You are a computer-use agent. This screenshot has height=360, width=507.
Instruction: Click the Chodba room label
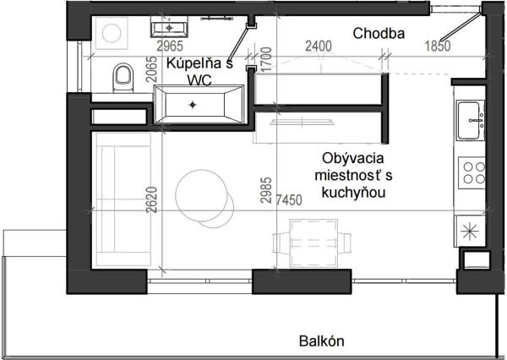pos(379,34)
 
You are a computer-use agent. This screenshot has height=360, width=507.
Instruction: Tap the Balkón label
pos(322,341)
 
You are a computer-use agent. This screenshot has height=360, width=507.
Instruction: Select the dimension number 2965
pos(170,46)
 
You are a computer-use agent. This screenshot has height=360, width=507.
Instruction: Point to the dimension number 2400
pos(319,46)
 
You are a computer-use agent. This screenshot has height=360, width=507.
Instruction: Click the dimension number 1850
pos(438,46)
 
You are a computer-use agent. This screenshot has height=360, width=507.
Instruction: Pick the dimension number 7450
pos(289,200)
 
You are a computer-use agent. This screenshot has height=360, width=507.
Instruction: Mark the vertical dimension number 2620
pos(151,200)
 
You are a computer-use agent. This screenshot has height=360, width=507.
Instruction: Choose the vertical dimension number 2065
pos(151,69)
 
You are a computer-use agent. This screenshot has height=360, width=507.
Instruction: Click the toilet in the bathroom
pos(123,78)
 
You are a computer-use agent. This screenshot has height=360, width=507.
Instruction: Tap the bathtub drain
pos(193,105)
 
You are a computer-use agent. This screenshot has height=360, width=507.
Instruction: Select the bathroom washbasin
pos(169,27)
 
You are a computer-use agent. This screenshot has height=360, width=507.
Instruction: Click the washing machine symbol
pos(112,33)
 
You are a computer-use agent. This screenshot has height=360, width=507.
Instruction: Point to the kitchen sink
pos(471,120)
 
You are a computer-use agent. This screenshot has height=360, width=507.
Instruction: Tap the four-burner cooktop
pos(472,172)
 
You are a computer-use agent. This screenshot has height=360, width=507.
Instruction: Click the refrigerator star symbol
pos(470,232)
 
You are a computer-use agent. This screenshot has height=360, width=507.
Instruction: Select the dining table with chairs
pos(312,243)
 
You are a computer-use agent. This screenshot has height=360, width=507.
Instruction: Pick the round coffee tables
pos(204,199)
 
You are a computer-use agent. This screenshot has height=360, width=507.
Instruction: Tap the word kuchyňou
pos(354,193)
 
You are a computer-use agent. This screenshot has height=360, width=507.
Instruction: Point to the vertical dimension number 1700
pos(266,60)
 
